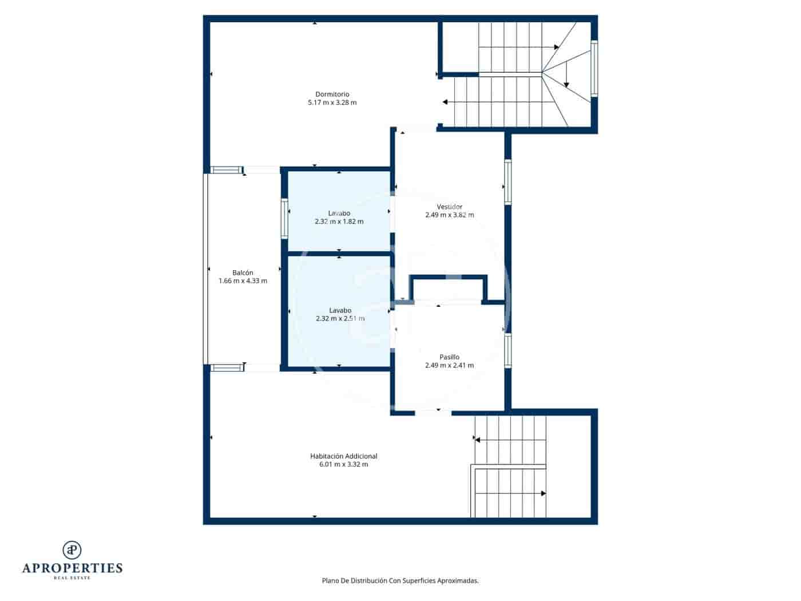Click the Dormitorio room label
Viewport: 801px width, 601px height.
[332, 94]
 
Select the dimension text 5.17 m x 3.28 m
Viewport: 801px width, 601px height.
[332, 103]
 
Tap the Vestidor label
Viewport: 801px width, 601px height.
[449, 207]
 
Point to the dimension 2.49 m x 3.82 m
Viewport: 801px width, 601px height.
[449, 215]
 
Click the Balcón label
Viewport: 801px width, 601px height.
[243, 273]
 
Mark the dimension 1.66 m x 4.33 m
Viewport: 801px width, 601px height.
[243, 281]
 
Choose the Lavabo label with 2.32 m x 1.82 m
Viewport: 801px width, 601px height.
[339, 213]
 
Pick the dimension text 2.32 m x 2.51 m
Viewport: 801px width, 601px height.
[340, 319]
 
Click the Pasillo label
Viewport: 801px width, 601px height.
[449, 357]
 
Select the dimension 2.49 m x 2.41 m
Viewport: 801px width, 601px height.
[449, 365]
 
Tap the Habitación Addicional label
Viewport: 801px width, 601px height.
[343, 456]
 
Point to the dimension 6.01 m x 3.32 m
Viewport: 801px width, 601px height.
[343, 464]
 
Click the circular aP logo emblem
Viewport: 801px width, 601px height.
[72, 549]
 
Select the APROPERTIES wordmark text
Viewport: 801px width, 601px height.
[72, 568]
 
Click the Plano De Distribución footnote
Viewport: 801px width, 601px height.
[400, 580]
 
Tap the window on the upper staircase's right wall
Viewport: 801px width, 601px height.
[594, 68]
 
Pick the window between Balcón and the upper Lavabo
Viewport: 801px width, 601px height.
[284, 218]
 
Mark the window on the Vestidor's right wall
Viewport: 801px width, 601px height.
[507, 181]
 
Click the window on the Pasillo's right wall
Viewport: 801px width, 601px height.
[507, 351]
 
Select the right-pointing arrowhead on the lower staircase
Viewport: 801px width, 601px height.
[543, 493]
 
